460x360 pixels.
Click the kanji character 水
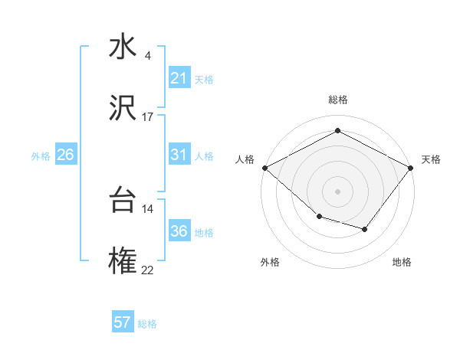[x=123, y=47]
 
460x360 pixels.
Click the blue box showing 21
[x=179, y=78]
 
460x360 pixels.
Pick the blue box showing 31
[x=179, y=155]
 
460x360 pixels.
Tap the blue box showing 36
[x=179, y=231]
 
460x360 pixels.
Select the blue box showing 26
[x=65, y=155]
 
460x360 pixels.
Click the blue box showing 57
[x=123, y=322]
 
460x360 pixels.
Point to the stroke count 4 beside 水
[x=147, y=56]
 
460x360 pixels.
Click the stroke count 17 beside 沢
[x=148, y=117]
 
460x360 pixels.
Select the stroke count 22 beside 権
[x=148, y=270]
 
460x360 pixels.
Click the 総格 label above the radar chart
[x=337, y=100]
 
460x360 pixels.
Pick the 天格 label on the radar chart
[x=431, y=159]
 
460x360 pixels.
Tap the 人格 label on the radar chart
[x=245, y=159]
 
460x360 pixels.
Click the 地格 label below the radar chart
[x=402, y=262]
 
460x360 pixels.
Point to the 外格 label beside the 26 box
[x=41, y=155]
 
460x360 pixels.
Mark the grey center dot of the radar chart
[x=337, y=191]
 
